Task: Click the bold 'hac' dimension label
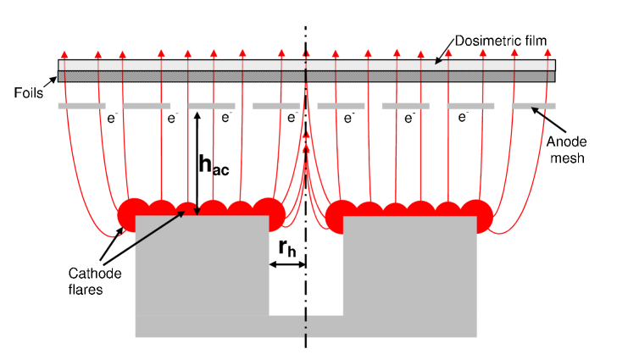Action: tap(214, 166)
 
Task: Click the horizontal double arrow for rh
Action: tap(287, 265)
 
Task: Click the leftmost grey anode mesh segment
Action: tap(81, 106)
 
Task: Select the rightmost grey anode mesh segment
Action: tap(534, 106)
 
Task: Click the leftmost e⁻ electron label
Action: tap(112, 119)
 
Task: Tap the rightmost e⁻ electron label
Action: tap(463, 119)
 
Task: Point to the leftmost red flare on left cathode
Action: tap(132, 214)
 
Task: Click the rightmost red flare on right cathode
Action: tap(476, 214)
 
